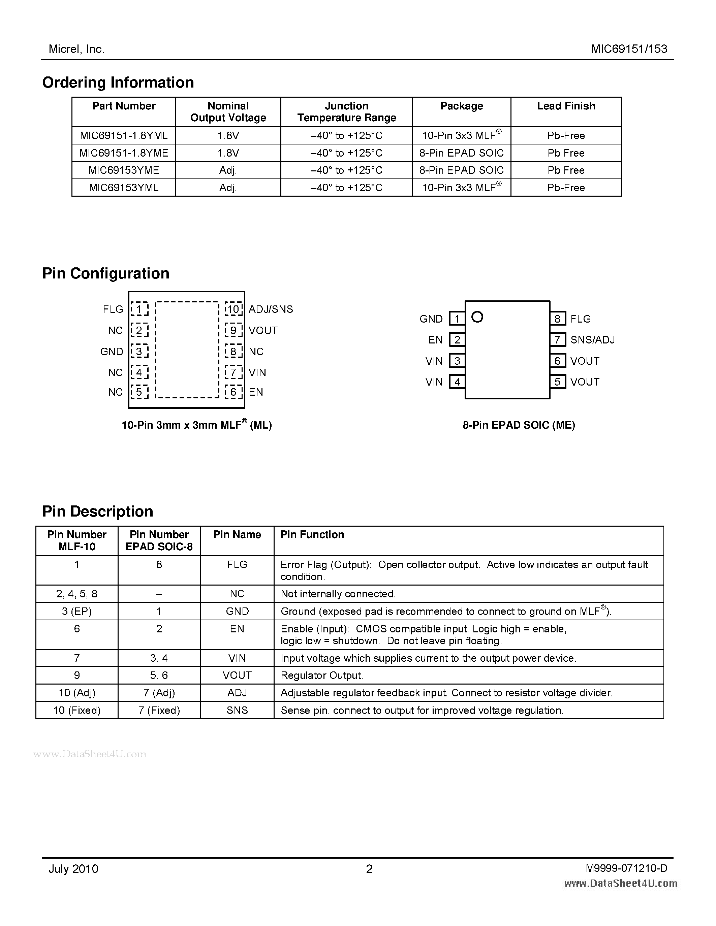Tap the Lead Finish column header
click(566, 106)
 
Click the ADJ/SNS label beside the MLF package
click(271, 309)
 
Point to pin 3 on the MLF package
click(139, 352)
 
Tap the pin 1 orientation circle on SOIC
click(477, 317)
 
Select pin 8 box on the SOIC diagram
click(557, 319)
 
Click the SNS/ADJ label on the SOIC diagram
click(592, 340)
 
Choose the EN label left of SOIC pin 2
click(435, 340)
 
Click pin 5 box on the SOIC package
click(557, 382)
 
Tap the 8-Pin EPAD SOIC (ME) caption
click(519, 425)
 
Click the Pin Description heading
click(98, 511)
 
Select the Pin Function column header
click(312, 535)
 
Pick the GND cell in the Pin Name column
click(237, 611)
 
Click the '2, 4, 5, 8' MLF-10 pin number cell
click(77, 594)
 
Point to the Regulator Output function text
click(322, 675)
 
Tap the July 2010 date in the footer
click(73, 869)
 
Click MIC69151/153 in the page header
click(629, 49)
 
